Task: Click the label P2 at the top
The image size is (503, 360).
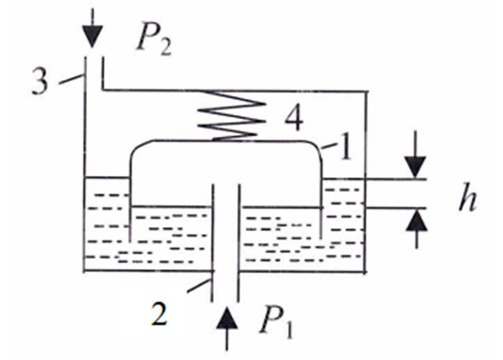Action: point(153,43)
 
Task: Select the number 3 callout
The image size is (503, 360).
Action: point(40,82)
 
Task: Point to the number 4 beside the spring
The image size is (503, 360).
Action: point(294,117)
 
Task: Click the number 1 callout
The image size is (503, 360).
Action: point(346,148)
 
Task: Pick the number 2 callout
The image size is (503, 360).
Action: point(159,313)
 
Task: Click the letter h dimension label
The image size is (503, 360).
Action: point(468,198)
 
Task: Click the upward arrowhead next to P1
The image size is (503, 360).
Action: point(227,317)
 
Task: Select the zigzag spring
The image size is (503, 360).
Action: point(231,116)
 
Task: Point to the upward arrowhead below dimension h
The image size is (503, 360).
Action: point(416,220)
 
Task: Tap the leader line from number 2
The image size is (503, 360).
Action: point(199,286)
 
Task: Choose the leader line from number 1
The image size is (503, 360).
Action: point(329,146)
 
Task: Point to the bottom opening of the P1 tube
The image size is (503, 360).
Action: point(225,301)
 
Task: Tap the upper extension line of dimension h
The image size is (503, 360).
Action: point(396,179)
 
